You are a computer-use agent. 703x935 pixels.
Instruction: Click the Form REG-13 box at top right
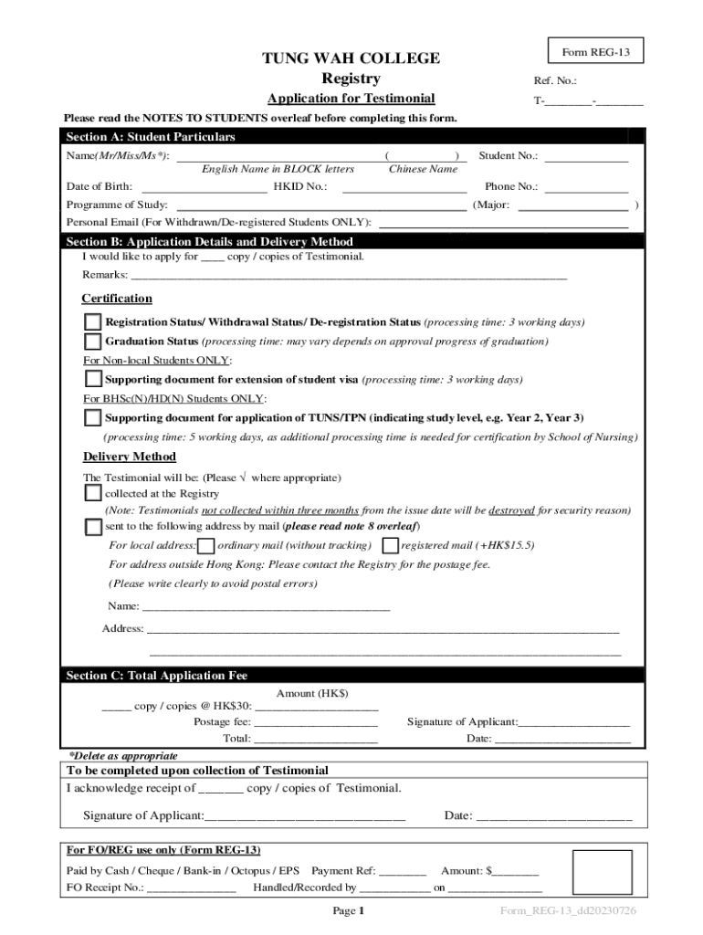point(595,52)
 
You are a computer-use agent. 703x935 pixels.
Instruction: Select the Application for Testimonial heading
point(351,99)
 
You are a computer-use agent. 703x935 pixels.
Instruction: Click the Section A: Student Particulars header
point(151,137)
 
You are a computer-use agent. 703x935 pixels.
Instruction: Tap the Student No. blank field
point(586,156)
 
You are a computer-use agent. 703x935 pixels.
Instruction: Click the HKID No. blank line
point(404,187)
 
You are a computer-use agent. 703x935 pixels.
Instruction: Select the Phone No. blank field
point(586,187)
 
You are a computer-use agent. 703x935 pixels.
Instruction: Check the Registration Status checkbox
point(93,322)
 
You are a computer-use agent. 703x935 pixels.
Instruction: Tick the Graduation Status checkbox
point(93,341)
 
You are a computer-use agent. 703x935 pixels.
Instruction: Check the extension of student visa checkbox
point(93,380)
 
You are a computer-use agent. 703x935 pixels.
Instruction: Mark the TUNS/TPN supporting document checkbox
point(93,418)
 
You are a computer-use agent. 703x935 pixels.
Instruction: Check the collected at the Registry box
point(93,493)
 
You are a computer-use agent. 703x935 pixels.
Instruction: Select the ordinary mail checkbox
point(206,546)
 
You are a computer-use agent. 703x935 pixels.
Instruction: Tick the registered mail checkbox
point(390,546)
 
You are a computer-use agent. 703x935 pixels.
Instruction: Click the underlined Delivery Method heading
point(129,457)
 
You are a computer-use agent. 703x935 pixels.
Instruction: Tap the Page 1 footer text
point(349,911)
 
